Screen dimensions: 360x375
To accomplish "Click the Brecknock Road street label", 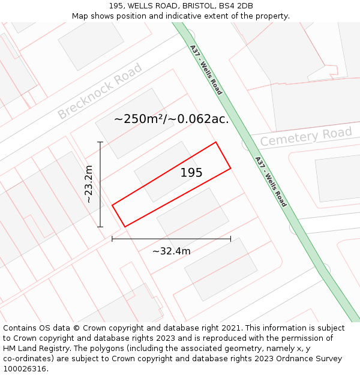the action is (100, 91).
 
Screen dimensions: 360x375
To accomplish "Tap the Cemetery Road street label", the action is (305, 137).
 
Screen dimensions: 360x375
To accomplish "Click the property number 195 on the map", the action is (191, 173).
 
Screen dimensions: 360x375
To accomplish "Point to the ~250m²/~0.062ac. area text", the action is (171, 119).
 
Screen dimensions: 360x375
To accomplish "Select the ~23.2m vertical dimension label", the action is (89, 184).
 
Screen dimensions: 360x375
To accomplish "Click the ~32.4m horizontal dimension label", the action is (171, 251).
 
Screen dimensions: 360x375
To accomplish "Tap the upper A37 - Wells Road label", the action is (206, 70).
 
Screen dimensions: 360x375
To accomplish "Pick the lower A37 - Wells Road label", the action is (271, 182).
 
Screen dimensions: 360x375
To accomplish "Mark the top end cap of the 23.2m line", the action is (100, 142).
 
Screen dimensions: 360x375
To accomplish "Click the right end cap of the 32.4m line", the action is (230, 239).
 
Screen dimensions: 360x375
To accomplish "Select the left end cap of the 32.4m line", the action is (112, 239).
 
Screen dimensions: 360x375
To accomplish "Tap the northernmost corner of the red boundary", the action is (215, 142).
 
